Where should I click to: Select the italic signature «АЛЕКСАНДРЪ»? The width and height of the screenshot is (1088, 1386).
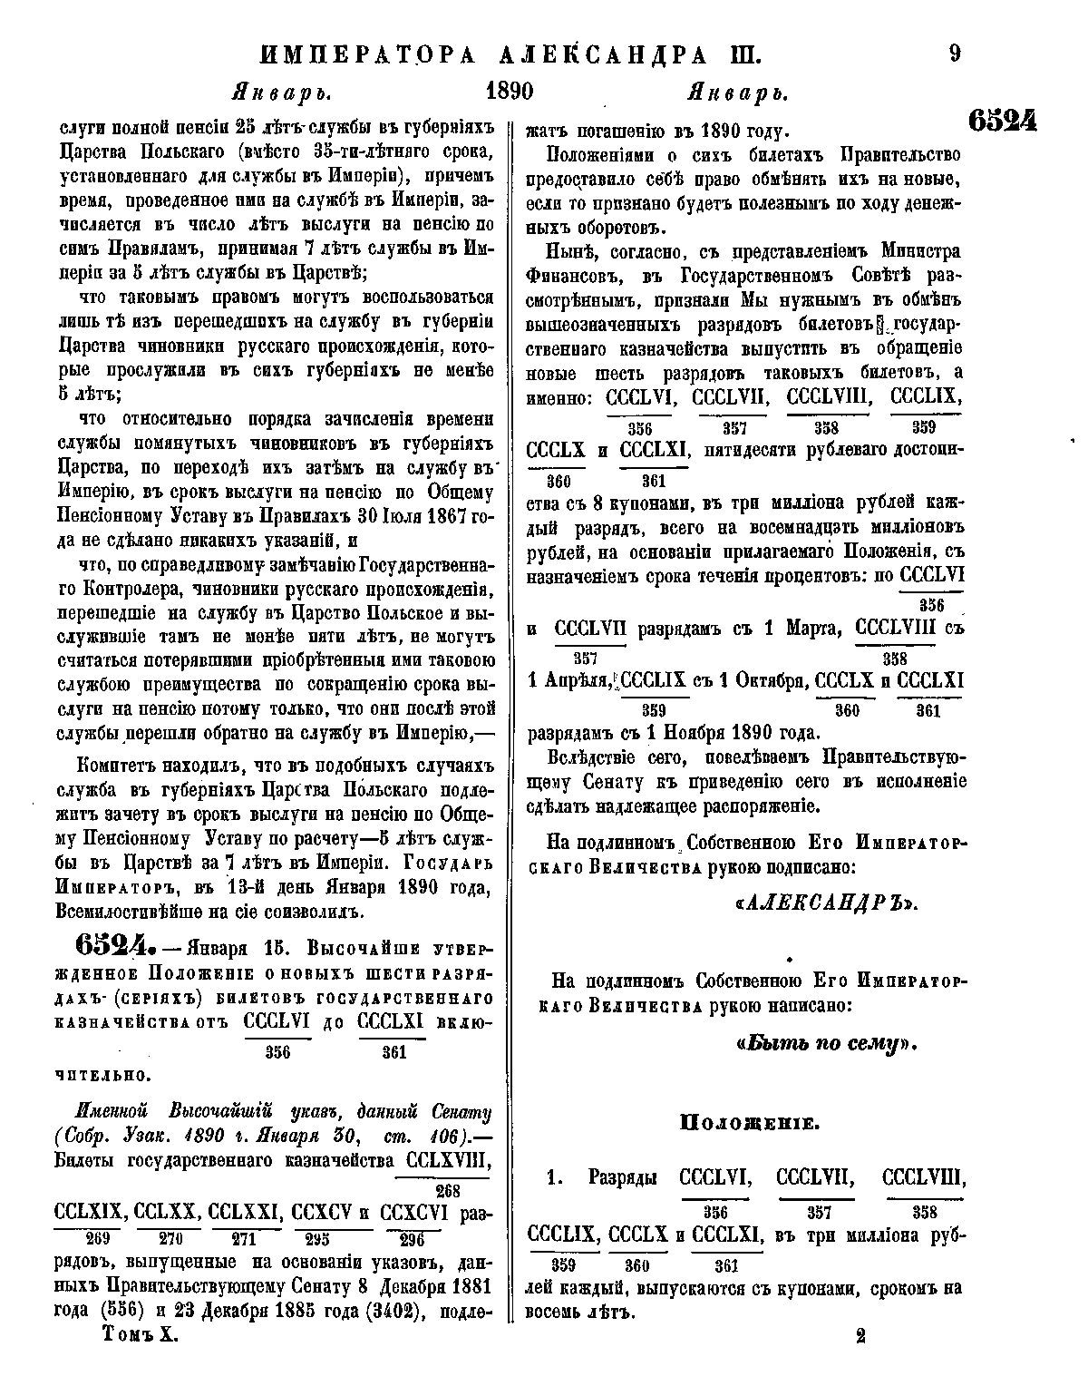coord(824,903)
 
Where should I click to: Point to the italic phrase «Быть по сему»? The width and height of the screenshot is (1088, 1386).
coord(828,1043)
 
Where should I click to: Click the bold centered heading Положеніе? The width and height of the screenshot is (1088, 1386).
coord(750,1123)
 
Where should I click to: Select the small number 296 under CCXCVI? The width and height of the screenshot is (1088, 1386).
coord(412,1239)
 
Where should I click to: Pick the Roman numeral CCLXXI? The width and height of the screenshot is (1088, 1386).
coord(247,1213)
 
